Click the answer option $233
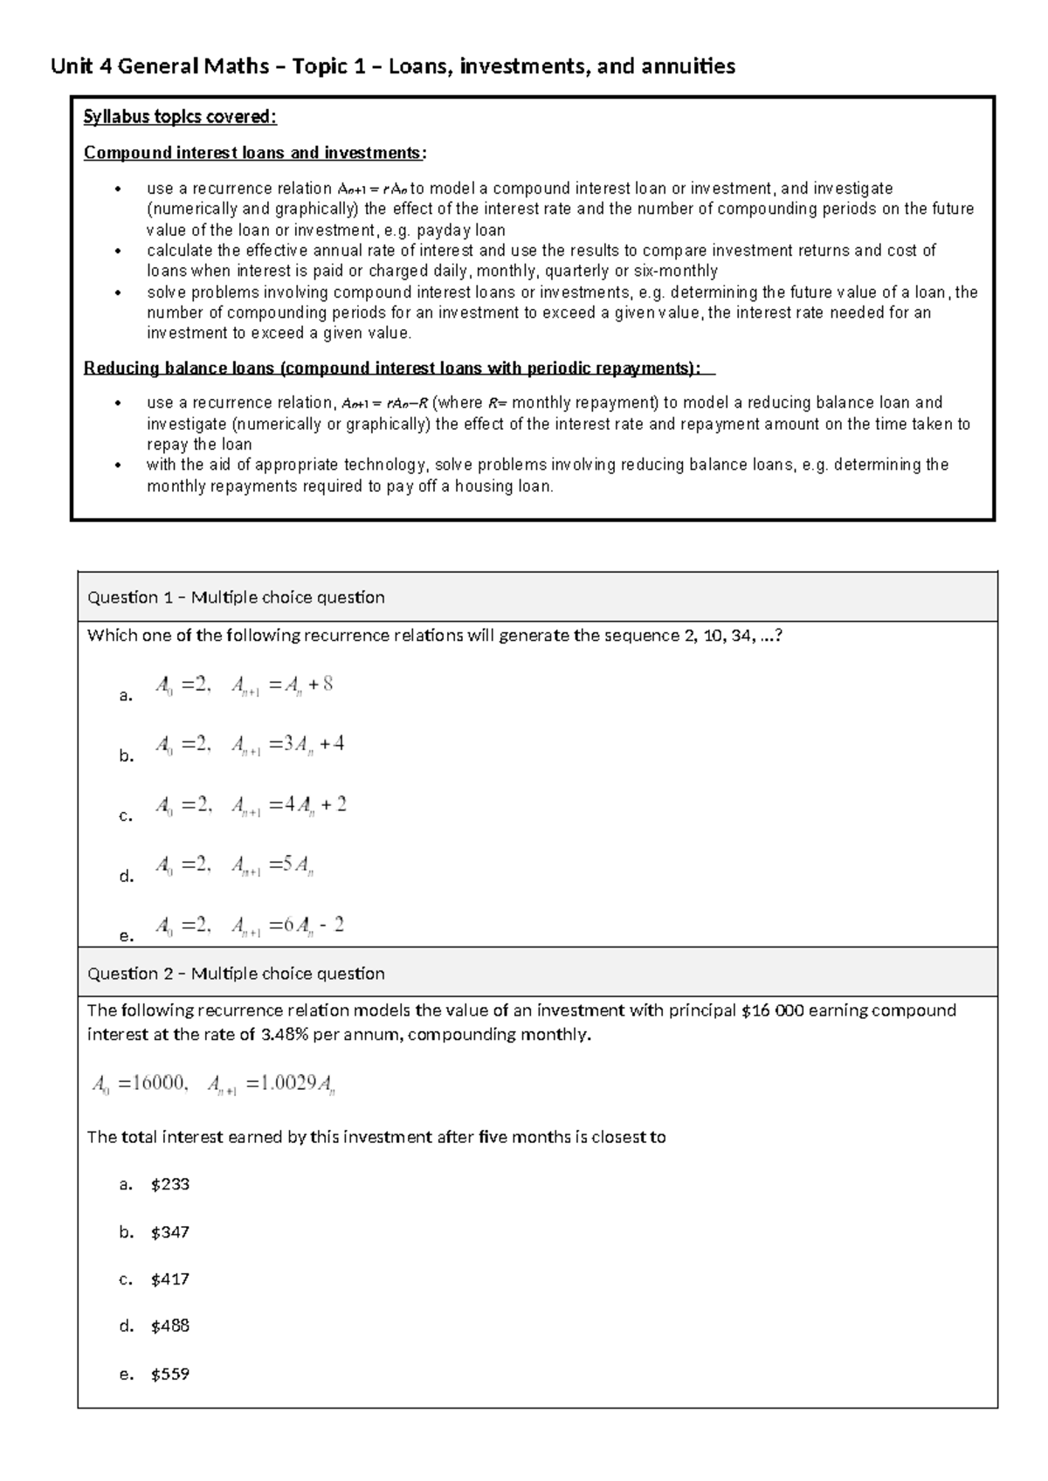(169, 1184)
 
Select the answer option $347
(169, 1232)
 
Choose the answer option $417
(169, 1279)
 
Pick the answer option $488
(169, 1326)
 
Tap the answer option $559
(169, 1374)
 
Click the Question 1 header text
(236, 597)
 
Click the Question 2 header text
(236, 974)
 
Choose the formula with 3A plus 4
(249, 745)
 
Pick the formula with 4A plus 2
(250, 805)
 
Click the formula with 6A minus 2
(249, 926)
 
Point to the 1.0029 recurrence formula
(214, 1085)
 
